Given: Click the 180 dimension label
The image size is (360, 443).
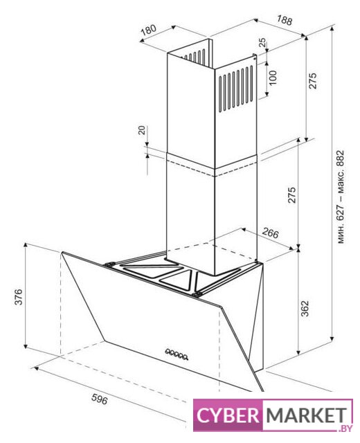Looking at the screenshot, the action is point(148,30).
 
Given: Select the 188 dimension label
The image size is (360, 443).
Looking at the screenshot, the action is point(285,20).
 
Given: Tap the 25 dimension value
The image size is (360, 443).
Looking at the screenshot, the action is point(262,42).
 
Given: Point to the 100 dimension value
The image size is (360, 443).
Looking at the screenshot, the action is point(273,78).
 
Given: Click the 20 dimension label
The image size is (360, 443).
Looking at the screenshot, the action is point(142,130).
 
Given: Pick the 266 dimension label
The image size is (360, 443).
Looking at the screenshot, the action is point(270,233).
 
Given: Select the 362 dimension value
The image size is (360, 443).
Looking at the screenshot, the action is point(305,309).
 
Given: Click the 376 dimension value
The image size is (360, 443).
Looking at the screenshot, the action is point(19,297).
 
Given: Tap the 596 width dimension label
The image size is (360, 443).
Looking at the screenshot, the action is point(100,399).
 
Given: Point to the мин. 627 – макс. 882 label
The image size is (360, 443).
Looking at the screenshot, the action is point(341,197).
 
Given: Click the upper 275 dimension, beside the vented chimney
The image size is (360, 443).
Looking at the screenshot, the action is point(313,81).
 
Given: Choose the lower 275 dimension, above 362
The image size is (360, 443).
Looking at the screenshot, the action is point(291,195).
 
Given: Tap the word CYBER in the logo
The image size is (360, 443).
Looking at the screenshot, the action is point(228,415).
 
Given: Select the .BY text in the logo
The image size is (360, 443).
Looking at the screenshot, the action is point(345,428).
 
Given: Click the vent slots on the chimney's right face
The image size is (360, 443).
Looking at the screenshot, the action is point(236,89).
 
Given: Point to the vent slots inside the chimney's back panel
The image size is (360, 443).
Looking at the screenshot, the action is point(195,56).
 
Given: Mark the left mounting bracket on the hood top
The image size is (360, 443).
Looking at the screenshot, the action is point(109,264).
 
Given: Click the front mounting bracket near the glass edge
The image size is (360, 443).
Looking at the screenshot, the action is point(197,294).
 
